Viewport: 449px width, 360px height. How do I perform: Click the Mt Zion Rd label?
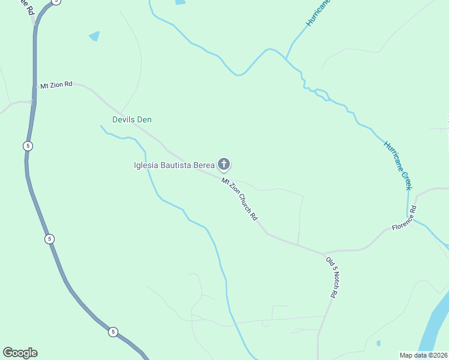pyautogui.click(x=56, y=85)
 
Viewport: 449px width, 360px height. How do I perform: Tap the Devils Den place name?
pyautogui.click(x=132, y=119)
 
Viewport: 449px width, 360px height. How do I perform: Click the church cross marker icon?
pyautogui.click(x=224, y=164)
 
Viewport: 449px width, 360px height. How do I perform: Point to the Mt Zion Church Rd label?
pyautogui.click(x=239, y=198)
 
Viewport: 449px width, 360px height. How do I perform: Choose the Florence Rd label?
pyautogui.click(x=404, y=219)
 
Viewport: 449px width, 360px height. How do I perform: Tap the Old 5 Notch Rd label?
pyautogui.click(x=332, y=277)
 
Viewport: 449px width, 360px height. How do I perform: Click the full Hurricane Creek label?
pyautogui.click(x=398, y=165)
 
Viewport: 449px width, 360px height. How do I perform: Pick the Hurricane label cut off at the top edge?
pyautogui.click(x=318, y=12)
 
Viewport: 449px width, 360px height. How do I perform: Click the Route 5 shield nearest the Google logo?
pyautogui.click(x=112, y=331)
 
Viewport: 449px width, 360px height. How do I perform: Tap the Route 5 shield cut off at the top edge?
pyautogui.click(x=56, y=2)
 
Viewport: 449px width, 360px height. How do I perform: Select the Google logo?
pyautogui.click(x=20, y=353)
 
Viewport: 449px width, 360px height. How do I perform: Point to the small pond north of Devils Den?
pyautogui.click(x=94, y=36)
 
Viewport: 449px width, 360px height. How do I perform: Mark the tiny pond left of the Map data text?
pyautogui.click(x=378, y=344)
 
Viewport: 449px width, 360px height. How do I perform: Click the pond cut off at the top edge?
pyautogui.click(x=180, y=2)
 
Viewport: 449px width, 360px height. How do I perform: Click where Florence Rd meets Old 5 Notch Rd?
pyautogui.click(x=323, y=253)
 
